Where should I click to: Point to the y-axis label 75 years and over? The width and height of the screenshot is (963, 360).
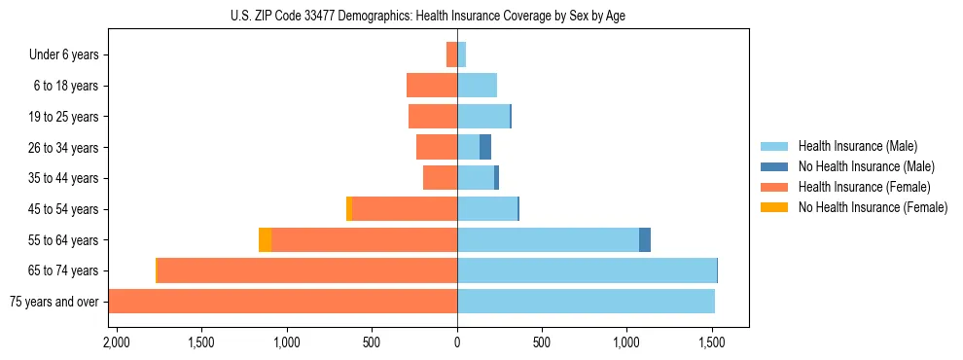(x=54, y=302)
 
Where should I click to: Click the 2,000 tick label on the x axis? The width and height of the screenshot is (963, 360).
(x=116, y=343)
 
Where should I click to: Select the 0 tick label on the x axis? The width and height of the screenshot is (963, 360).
(x=457, y=343)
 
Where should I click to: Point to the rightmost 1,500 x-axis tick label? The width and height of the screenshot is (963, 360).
(x=712, y=343)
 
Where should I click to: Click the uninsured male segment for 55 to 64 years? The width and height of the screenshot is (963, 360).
(x=645, y=239)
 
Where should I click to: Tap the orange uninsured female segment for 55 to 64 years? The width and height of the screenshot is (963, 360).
(x=265, y=239)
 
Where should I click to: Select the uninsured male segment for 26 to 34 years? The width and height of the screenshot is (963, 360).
(x=485, y=147)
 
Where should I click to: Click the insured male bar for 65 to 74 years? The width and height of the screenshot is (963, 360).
(x=587, y=270)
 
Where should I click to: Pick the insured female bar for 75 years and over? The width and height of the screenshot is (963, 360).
(x=282, y=302)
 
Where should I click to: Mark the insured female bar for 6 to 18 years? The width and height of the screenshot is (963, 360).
(x=432, y=86)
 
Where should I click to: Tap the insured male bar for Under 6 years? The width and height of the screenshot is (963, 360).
(x=462, y=55)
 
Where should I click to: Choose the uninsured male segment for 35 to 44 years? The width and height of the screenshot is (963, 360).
(x=496, y=178)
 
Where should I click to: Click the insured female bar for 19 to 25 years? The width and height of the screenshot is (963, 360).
(x=433, y=117)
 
